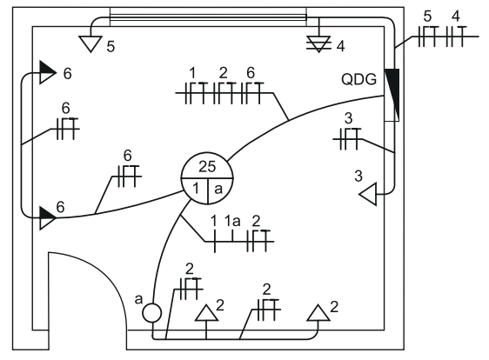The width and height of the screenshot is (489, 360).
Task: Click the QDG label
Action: [x=358, y=79]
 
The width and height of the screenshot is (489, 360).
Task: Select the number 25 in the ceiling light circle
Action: [x=207, y=167]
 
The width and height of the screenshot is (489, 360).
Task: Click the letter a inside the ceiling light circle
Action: [x=218, y=189]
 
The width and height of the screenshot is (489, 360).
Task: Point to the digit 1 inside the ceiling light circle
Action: [x=196, y=189]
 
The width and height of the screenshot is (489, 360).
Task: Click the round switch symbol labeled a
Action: [x=152, y=313]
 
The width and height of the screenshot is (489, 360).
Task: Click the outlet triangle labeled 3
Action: [x=368, y=194]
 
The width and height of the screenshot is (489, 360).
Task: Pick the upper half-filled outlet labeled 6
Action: [x=47, y=73]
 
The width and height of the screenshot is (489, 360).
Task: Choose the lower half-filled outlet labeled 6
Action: [x=47, y=218]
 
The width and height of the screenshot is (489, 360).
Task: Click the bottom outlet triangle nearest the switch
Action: [x=206, y=313]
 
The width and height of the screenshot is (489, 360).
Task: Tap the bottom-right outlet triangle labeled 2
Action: [x=318, y=313]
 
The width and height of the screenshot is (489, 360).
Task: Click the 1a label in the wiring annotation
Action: [x=232, y=221]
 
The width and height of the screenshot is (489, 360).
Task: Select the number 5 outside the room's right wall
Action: [x=427, y=17]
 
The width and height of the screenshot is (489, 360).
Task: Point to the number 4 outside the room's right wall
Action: [x=456, y=17]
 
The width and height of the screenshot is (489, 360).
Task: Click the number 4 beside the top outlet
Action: [x=340, y=46]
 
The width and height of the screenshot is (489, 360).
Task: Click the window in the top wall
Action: [x=208, y=17]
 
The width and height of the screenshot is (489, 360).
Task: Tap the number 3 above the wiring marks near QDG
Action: [x=348, y=118]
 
